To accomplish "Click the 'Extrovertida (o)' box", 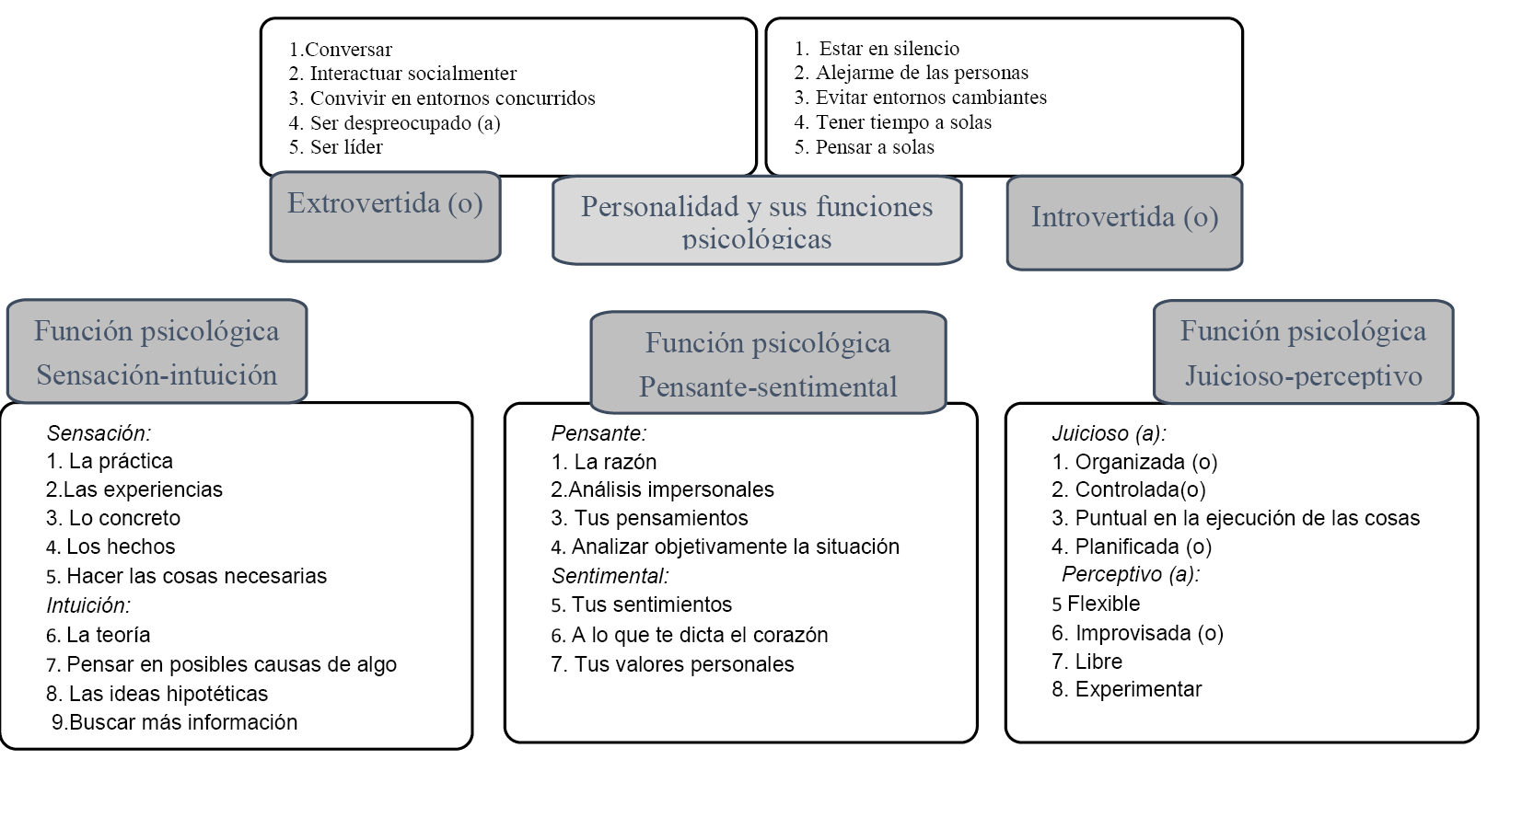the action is [385, 216].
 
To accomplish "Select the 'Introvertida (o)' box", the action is [1124, 223].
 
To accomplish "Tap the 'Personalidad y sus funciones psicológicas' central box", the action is [757, 220].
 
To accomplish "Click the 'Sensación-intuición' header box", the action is [157, 351].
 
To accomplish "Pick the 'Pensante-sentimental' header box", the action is [768, 362].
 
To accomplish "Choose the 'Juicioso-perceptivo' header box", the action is [1303, 351].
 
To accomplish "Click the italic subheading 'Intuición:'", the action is [88, 605].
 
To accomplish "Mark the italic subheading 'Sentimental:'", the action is [610, 576].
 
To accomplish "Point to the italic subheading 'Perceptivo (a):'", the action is [1132, 574].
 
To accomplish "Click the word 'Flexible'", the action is [1104, 604].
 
